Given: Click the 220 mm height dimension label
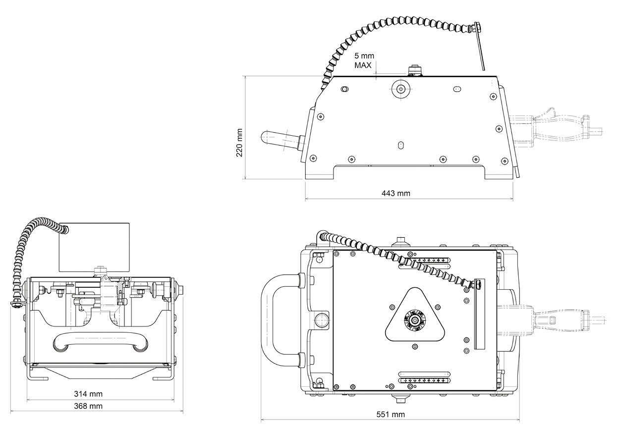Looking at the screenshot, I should pyautogui.click(x=239, y=143).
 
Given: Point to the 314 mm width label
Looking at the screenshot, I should pyautogui.click(x=88, y=394).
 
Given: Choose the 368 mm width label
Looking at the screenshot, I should pyautogui.click(x=88, y=406).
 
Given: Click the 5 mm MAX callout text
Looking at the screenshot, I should pyautogui.click(x=363, y=61).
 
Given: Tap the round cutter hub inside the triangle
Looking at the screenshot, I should pyautogui.click(x=413, y=319).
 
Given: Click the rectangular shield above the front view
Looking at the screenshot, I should pyautogui.click(x=94, y=247).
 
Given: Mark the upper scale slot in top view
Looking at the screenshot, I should pyautogui.click(x=426, y=260).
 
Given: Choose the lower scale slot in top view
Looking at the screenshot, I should pyautogui.click(x=426, y=380).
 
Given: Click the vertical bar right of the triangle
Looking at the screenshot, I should pyautogui.click(x=479, y=314).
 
